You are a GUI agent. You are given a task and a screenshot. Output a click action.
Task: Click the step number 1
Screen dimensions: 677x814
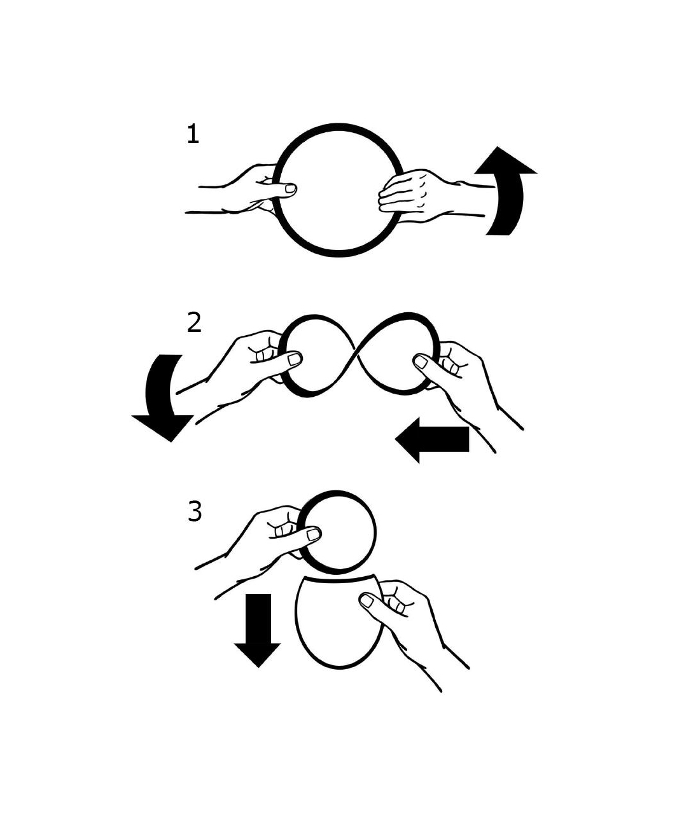pos(193,134)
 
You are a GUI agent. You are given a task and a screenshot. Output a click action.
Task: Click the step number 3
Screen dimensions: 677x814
pos(195,511)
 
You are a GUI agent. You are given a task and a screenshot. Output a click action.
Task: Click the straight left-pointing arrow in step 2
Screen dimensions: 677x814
pos(432,439)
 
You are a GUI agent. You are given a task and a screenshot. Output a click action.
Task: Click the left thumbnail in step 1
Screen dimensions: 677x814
pos(290,189)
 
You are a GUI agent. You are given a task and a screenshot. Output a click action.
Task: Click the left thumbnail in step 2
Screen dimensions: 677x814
pos(295,359)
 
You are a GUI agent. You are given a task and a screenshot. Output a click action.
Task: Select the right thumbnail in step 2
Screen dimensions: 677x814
pos(421,362)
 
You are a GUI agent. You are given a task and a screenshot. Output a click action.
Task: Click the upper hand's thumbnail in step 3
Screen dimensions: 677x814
pos(314,534)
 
